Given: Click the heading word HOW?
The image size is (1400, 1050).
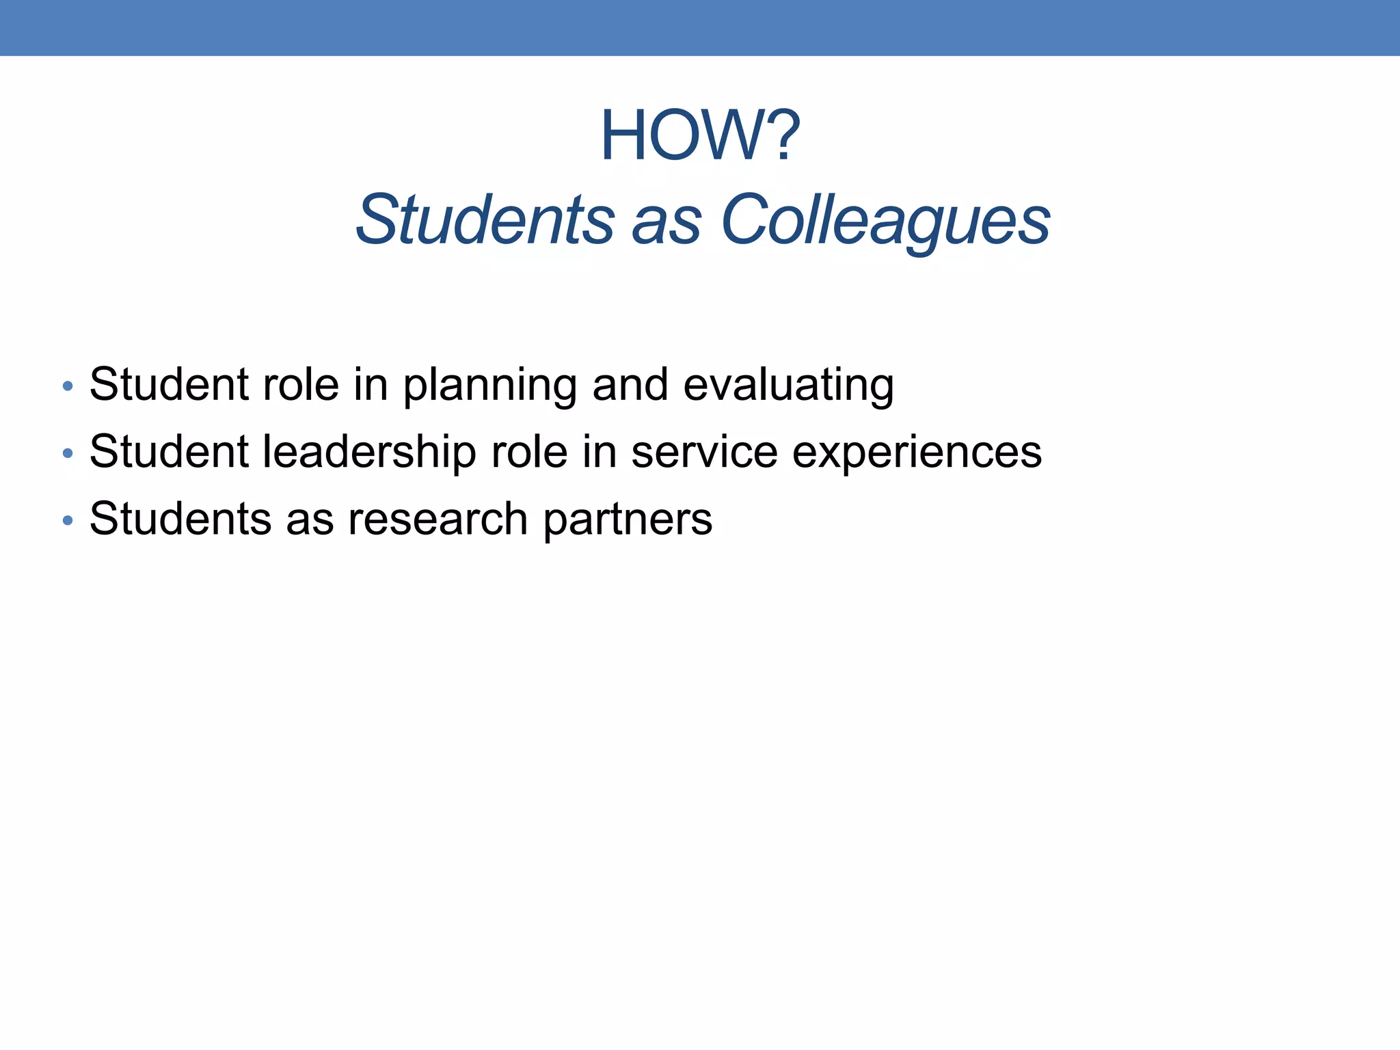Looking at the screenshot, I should [x=700, y=137].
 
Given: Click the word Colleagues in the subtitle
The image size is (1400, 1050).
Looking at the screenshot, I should [x=885, y=220].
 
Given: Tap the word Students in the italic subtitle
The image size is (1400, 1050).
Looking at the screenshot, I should [x=485, y=220].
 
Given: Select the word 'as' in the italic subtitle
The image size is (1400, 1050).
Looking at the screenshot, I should [x=667, y=223].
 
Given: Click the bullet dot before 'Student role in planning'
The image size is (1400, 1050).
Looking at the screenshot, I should [x=67, y=386].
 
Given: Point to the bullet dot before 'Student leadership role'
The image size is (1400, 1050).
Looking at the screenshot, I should [x=67, y=453].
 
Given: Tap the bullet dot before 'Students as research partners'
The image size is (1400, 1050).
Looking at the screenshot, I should [x=67, y=520].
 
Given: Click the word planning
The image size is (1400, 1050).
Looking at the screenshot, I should [x=489, y=386].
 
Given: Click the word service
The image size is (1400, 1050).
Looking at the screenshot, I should [x=704, y=452].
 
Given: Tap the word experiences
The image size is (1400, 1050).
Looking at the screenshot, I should [x=917, y=453].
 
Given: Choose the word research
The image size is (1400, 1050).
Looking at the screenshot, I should [x=437, y=519].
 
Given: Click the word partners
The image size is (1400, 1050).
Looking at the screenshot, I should [x=628, y=520].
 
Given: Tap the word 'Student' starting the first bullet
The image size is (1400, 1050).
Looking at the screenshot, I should [x=169, y=385].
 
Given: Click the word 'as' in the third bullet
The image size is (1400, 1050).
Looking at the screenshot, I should [x=310, y=520].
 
